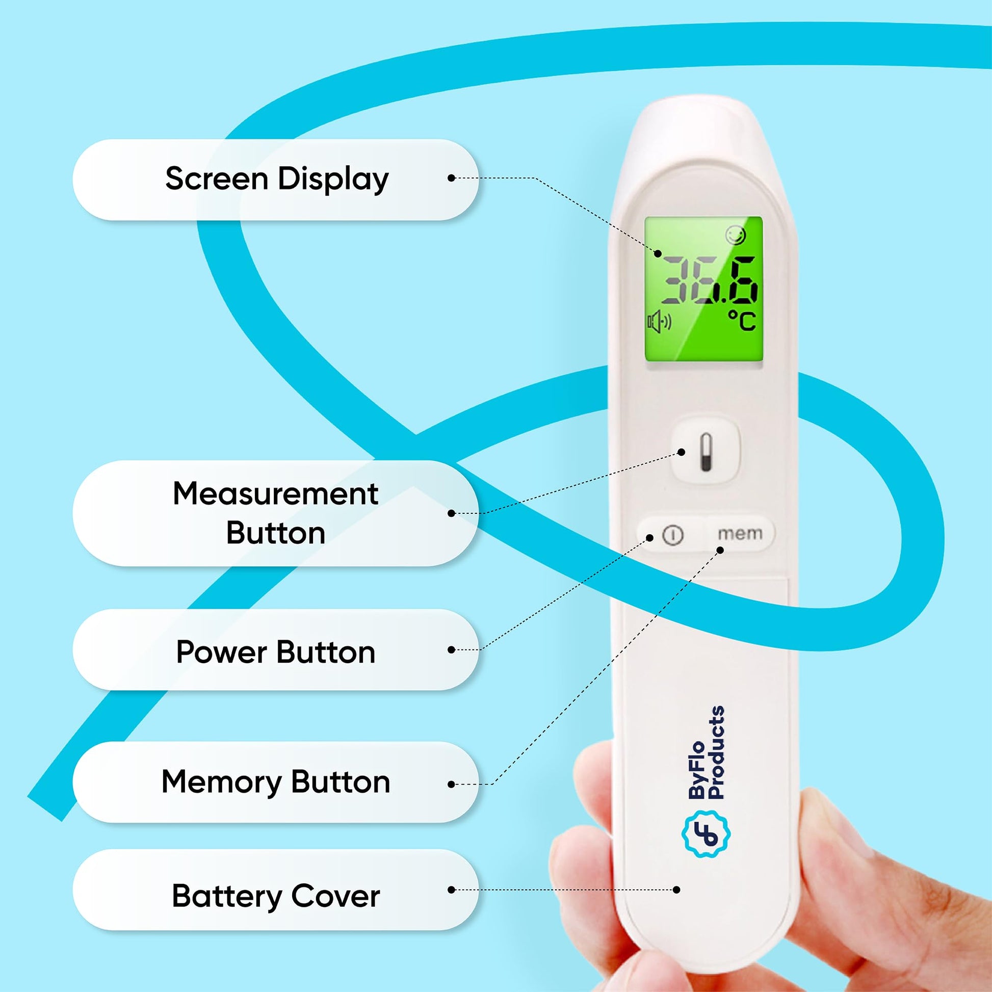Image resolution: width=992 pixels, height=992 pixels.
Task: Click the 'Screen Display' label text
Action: (277, 179)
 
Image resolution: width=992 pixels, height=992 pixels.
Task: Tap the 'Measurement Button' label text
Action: (276, 513)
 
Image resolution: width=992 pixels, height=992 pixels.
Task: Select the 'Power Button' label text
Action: (276, 652)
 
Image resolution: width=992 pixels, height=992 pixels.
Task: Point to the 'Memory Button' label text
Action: (276, 782)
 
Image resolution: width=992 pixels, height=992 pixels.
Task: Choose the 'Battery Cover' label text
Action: (276, 896)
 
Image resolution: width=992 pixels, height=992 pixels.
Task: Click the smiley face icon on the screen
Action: (736, 234)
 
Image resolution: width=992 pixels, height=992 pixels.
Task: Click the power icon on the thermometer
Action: (673, 535)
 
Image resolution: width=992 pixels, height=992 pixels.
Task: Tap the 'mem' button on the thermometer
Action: (740, 534)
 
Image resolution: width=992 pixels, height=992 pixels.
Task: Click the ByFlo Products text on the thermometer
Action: (707, 753)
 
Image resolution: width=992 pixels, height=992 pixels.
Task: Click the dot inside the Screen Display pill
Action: (451, 178)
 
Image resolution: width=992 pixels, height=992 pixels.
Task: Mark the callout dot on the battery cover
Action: (677, 890)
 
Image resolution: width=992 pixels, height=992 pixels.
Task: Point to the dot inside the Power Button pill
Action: (451, 650)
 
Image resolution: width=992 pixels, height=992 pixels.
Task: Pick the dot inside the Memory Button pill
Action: (451, 784)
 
